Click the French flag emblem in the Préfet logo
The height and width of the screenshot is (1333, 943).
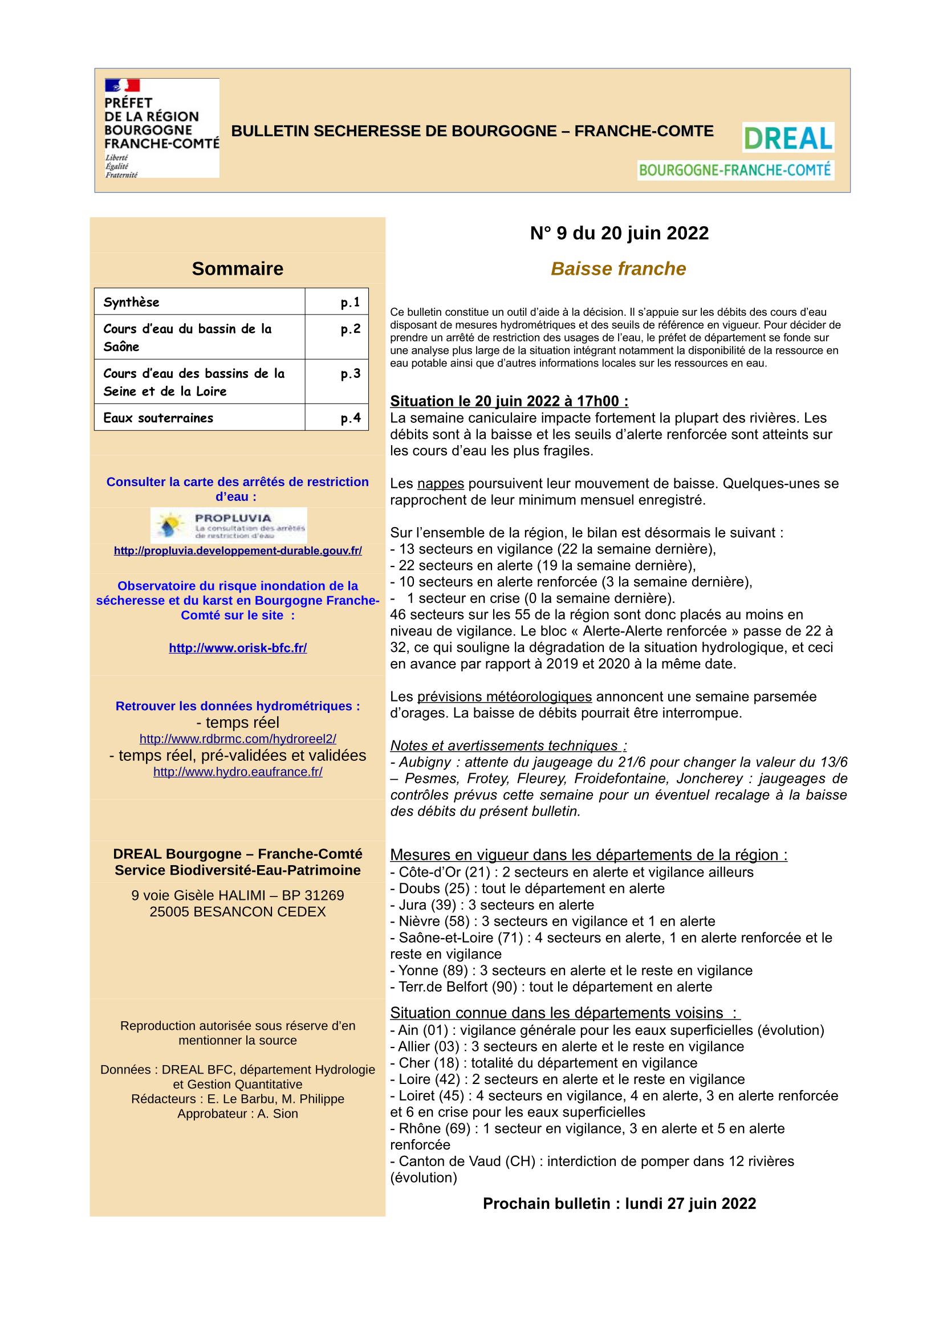(x=123, y=86)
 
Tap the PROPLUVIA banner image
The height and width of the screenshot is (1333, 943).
(x=229, y=525)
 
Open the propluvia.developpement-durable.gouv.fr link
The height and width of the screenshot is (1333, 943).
(x=238, y=551)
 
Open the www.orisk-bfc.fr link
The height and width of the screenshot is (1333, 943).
(x=238, y=648)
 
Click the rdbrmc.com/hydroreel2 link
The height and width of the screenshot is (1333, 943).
(x=238, y=739)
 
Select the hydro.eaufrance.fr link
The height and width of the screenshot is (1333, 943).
(x=238, y=772)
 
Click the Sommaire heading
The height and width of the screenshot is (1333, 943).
(x=238, y=269)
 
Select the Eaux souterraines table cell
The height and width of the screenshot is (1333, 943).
(x=199, y=417)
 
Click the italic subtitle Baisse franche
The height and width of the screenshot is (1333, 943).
(x=619, y=269)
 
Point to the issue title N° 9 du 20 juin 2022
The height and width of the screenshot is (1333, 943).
(x=619, y=234)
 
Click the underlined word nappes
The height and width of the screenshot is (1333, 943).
(x=440, y=484)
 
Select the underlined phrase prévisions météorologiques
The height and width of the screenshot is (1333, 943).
(x=504, y=696)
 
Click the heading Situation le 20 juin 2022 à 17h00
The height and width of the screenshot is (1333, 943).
(x=509, y=401)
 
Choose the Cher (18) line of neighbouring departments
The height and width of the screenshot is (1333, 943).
(x=543, y=1063)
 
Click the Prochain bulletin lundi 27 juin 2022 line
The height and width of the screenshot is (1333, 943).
(x=619, y=1204)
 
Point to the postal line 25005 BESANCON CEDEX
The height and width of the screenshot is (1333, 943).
(x=238, y=911)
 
